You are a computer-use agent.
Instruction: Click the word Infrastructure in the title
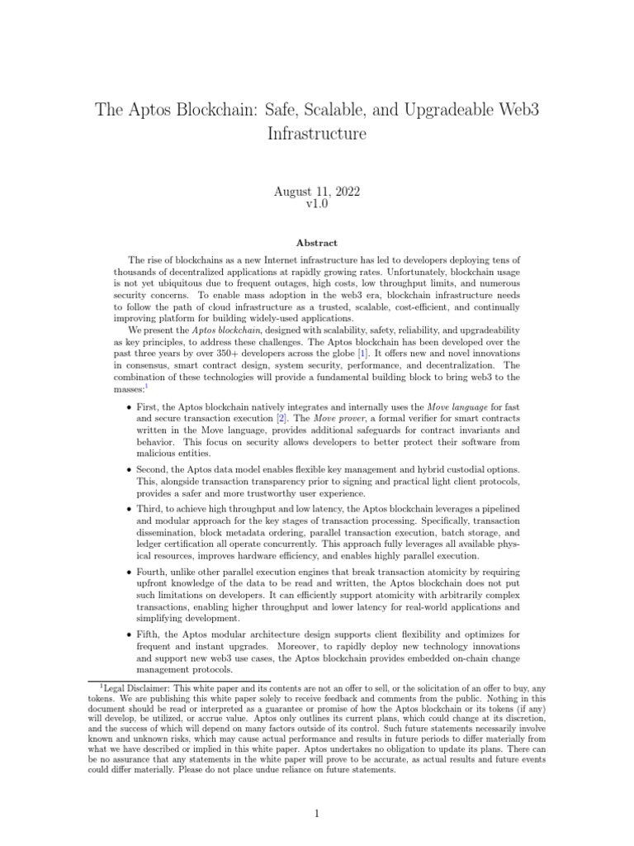coord(317,132)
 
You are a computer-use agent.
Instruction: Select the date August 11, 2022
coord(317,192)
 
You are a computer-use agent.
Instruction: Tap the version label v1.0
coord(317,204)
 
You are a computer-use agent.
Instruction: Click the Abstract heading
coord(317,243)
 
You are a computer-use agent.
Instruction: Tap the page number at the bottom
coord(317,814)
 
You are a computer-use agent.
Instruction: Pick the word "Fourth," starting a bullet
coord(156,572)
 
